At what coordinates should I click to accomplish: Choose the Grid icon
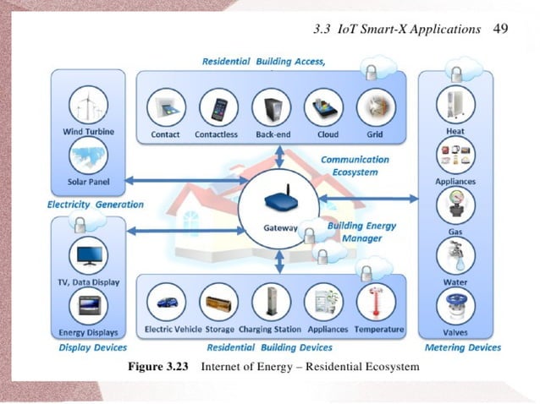374,108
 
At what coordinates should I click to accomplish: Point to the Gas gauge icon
455,205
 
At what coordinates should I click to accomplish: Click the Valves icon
455,306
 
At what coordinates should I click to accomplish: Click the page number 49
499,30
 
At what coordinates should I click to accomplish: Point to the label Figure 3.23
157,367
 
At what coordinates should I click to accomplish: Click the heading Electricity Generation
95,205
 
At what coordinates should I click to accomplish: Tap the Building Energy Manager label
355,232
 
